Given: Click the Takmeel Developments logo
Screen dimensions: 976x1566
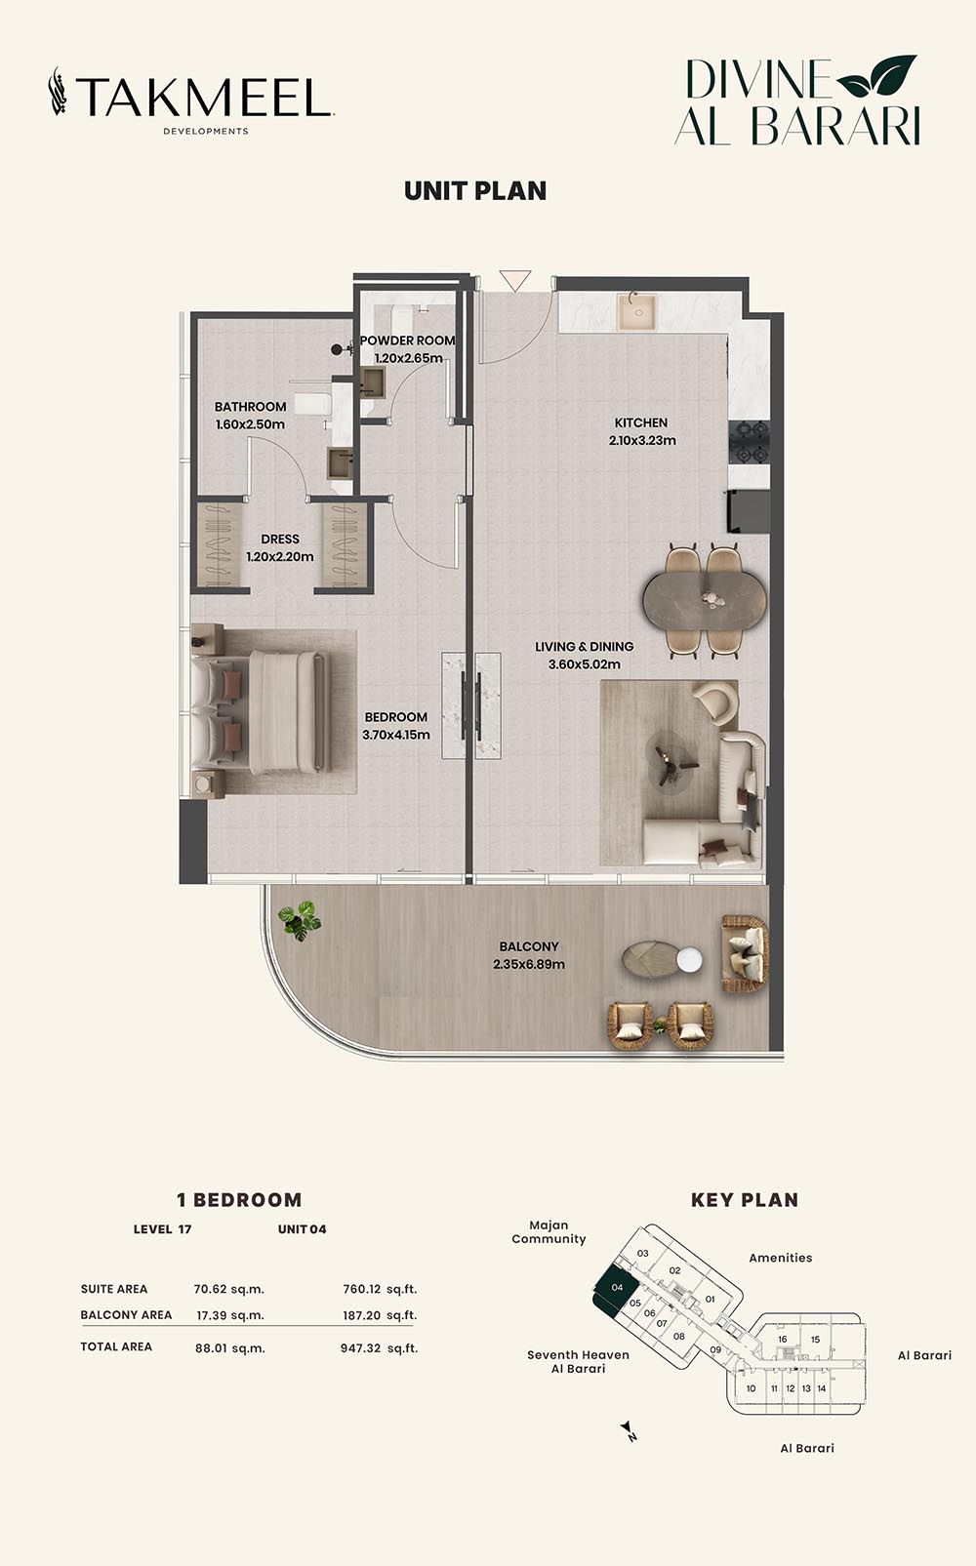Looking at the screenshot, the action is point(190,100).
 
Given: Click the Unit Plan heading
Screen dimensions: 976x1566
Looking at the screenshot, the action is point(475,191).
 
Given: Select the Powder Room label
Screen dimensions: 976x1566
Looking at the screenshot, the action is point(408,341).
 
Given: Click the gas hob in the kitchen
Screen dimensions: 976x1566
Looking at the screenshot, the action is point(749,443).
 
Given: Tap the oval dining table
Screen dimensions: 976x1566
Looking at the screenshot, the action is point(704,600).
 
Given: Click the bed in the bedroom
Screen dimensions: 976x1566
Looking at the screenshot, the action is point(261,711).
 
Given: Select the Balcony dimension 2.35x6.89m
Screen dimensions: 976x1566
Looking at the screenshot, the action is point(529,964).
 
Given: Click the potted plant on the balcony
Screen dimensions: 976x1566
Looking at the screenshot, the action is point(300,920).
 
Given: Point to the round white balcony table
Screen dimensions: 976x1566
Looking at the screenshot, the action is point(689,959).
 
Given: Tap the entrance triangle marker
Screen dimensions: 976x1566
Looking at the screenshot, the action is point(515,280).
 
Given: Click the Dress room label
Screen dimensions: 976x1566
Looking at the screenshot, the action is point(280,539).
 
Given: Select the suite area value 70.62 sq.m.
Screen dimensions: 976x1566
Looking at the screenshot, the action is point(228,1289).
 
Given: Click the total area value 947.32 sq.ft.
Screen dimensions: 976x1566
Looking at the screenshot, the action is point(379,1347).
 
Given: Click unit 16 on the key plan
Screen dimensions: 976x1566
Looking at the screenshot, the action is point(783,1339).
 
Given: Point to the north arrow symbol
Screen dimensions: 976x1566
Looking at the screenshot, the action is point(628,1428).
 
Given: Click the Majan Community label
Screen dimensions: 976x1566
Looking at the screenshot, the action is point(549,1232).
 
